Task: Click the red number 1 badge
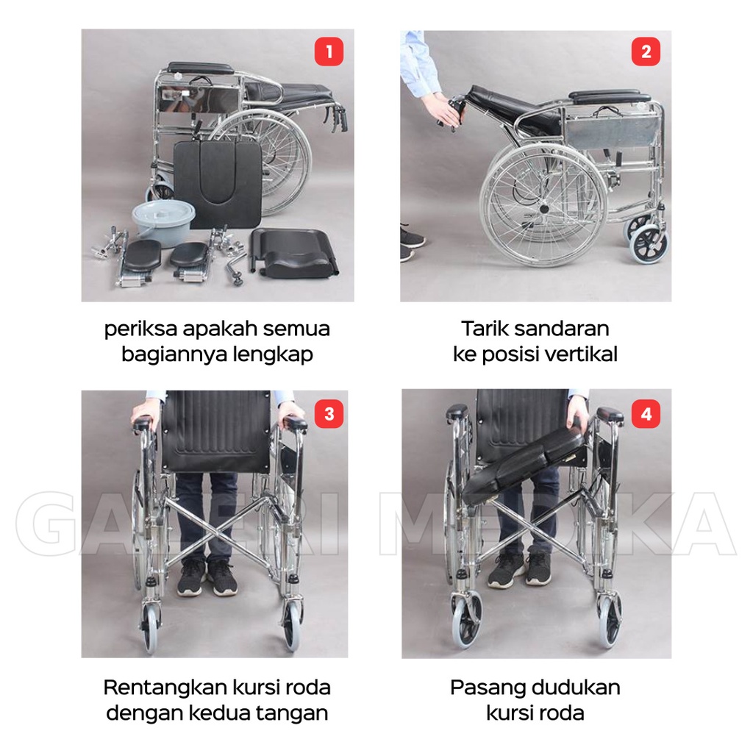click(329, 51)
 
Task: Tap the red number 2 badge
click(646, 51)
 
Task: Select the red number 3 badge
click(329, 414)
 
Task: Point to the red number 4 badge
click(646, 414)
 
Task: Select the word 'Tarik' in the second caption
click(486, 328)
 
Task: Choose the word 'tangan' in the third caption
click(294, 713)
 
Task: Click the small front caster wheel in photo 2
click(649, 244)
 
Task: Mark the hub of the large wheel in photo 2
click(543, 209)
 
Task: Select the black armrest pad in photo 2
click(610, 96)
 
